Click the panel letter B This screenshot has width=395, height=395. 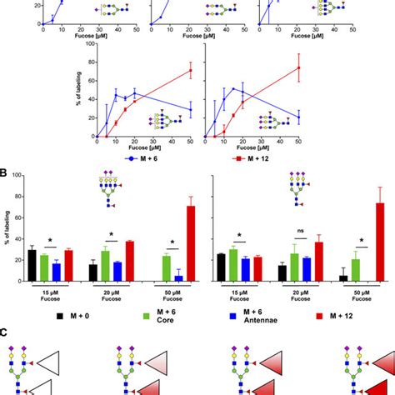[5, 175]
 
